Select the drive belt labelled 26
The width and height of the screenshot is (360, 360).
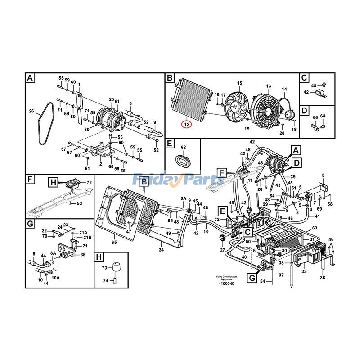(44, 123)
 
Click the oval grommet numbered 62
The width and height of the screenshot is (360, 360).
(182, 161)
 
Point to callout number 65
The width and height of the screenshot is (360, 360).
(114, 243)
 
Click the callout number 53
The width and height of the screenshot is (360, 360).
(79, 204)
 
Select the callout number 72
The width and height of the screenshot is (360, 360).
(89, 182)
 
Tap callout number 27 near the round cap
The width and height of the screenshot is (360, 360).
(222, 250)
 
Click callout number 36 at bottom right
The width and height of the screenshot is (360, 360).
(322, 278)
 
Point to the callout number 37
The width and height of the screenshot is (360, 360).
(281, 275)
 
